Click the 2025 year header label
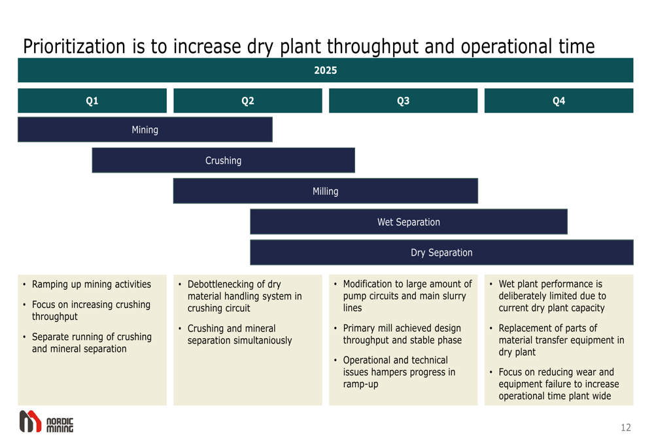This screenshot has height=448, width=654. (325, 71)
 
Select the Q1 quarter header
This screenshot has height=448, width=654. (92, 101)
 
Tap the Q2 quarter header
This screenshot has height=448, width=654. (248, 101)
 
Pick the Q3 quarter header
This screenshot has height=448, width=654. (403, 101)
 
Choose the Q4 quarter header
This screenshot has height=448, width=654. (559, 101)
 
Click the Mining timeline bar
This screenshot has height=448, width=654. (145, 129)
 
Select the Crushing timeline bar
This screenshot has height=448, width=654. (223, 160)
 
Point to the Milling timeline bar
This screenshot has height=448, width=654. (325, 191)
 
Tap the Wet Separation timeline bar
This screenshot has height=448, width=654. (409, 222)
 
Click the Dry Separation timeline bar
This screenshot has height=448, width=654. (441, 252)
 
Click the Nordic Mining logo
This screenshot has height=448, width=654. (46, 422)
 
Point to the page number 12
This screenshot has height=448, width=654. (626, 428)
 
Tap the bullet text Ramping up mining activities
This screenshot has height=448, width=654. (92, 284)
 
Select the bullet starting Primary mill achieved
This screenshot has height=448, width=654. (402, 334)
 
